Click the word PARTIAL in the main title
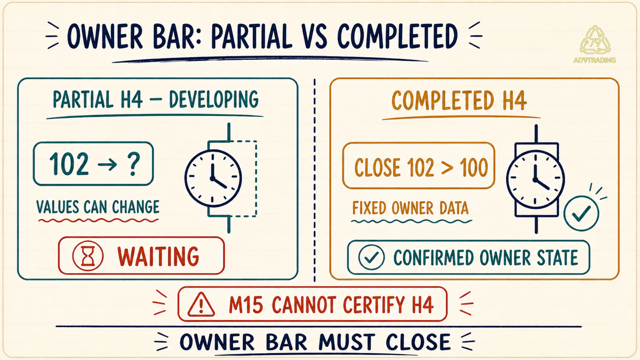click(x=252, y=36)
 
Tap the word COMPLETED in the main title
click(x=398, y=36)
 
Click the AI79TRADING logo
click(x=595, y=44)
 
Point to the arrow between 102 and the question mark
click(x=108, y=164)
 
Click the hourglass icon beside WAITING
click(x=88, y=256)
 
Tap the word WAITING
click(x=158, y=256)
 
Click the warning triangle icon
click(x=201, y=304)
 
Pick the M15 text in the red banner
click(x=246, y=304)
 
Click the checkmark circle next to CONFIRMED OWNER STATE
click(x=372, y=257)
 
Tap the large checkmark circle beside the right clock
click(x=581, y=213)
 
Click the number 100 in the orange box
click(x=474, y=168)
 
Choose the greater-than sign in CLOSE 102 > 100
click(x=447, y=168)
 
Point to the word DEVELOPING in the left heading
click(x=214, y=100)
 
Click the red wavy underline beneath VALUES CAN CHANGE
click(x=98, y=220)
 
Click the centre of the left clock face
click(x=212, y=178)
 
